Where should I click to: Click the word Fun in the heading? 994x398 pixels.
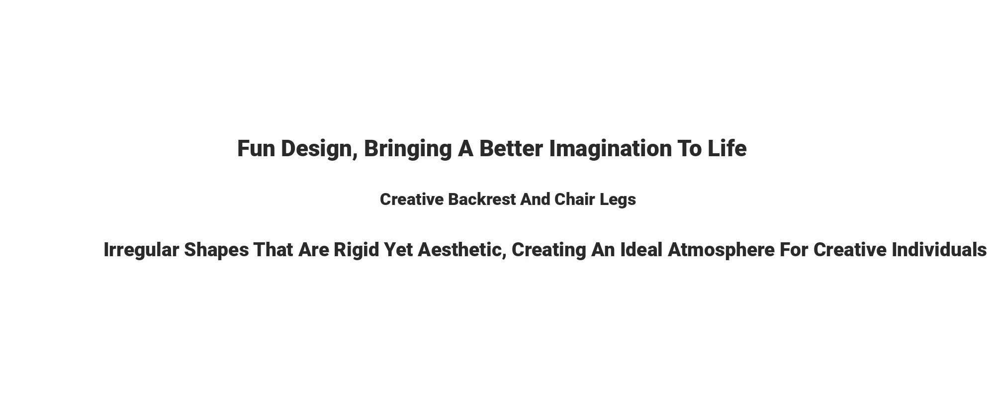pyautogui.click(x=256, y=149)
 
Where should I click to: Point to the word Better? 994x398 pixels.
pyautogui.click(x=511, y=149)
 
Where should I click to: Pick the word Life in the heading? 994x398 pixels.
pyautogui.click(x=727, y=149)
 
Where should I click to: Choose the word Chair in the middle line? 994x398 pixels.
pyautogui.click(x=574, y=199)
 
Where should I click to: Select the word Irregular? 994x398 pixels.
pyautogui.click(x=141, y=250)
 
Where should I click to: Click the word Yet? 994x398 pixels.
pyautogui.click(x=398, y=250)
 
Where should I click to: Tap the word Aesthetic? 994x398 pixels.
pyautogui.click(x=459, y=250)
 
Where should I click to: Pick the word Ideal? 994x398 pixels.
pyautogui.click(x=641, y=250)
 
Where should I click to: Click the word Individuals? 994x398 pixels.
pyautogui.click(x=939, y=250)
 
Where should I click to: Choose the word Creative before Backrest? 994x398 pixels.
pyautogui.click(x=412, y=199)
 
